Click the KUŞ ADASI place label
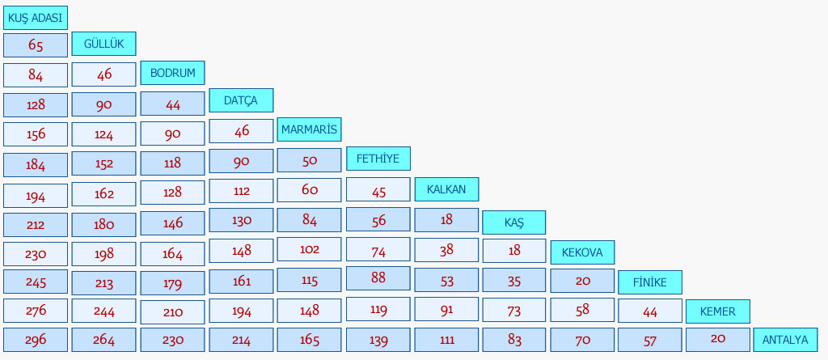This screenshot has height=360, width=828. tap(36, 18)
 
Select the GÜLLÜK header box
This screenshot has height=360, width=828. tap(103, 44)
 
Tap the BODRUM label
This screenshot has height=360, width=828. tap(173, 73)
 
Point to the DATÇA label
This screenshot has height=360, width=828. tap(241, 100)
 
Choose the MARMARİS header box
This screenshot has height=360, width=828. tap(309, 129)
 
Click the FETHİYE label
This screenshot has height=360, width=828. tap(378, 159)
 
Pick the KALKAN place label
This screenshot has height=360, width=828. tap(446, 189)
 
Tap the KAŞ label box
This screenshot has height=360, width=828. tap(513, 222)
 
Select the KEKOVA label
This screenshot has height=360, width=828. tap(582, 252)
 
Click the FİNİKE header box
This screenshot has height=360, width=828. tap(650, 282)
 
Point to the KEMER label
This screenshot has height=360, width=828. tap(718, 311)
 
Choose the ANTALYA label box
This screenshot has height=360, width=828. tap(785, 340)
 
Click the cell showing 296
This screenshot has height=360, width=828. tap(36, 340)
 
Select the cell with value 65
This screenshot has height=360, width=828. tap(36, 45)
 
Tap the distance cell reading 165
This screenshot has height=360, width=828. tap(309, 340)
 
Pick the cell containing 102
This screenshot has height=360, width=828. tap(309, 249)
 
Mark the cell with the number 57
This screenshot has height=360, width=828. tap(650, 340)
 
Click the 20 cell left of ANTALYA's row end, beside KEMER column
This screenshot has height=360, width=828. tap(718, 340)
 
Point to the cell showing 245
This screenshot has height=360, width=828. tap(36, 282)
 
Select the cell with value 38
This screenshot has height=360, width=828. tap(446, 250)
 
